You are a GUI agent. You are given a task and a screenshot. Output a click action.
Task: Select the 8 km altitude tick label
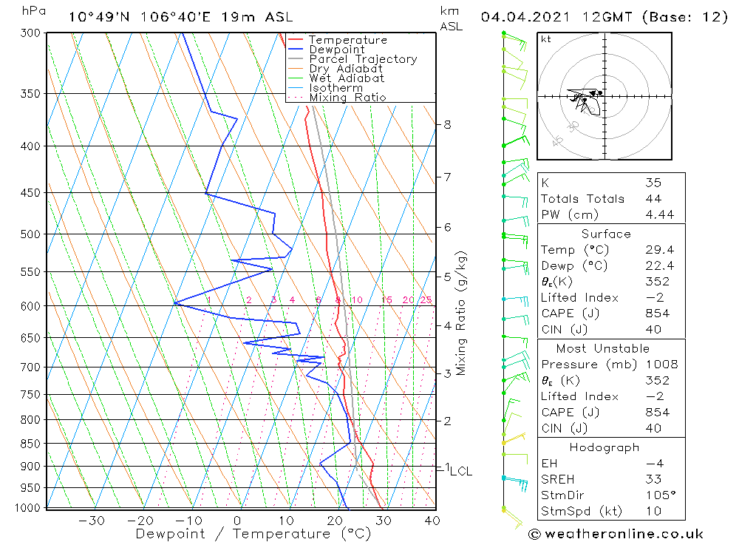pos(447,124)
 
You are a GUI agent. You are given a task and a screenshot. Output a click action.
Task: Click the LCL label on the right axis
pos(460,471)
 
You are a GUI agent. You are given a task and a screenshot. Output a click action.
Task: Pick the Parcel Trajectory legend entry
pos(363,59)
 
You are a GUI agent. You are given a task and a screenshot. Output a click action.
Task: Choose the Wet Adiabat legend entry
pos(347,78)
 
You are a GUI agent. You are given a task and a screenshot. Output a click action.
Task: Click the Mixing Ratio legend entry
pos(347,98)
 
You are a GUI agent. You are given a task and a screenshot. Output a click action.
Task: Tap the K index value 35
pos(653,183)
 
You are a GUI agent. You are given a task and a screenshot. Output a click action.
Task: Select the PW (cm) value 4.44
pos(658,214)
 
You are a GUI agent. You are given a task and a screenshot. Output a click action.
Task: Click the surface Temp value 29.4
pos(658,250)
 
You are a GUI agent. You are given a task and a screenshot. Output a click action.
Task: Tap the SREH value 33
pos(653,479)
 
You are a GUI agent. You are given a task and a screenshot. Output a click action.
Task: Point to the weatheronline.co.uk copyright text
pos(616,534)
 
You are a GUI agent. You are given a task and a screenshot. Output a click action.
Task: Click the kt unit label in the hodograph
pos(546,39)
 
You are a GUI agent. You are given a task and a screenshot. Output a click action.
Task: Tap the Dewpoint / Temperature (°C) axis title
pos(253,533)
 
